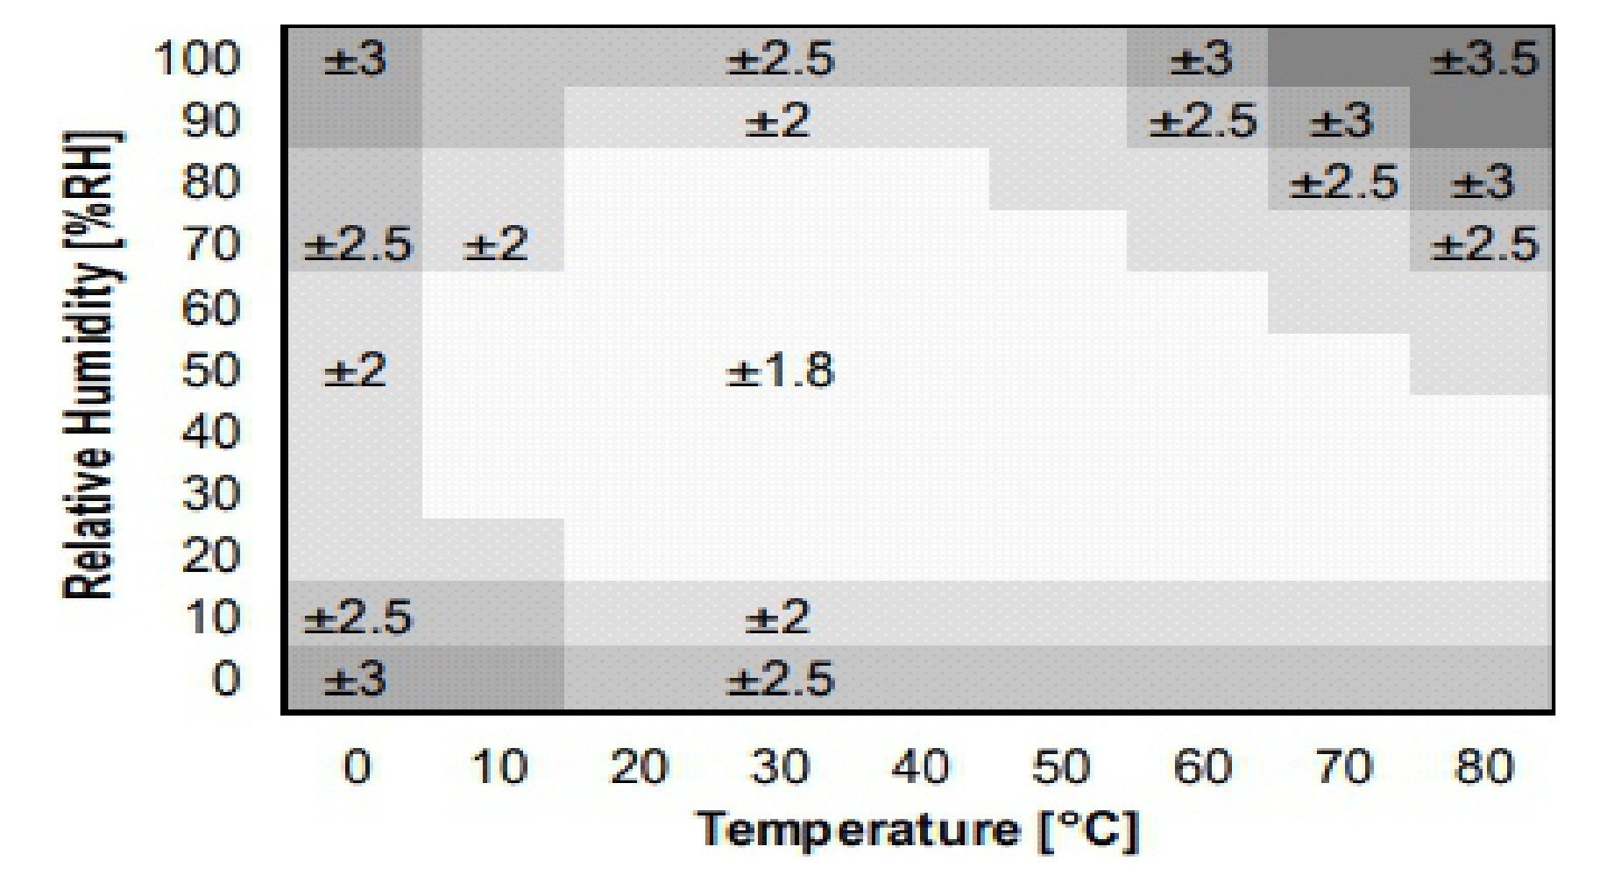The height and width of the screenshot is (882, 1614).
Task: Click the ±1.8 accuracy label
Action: click(780, 370)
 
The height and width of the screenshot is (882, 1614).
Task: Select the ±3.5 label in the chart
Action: click(1483, 60)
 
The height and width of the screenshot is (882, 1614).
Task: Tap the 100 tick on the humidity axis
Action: click(198, 60)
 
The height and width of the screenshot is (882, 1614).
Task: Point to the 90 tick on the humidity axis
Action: click(211, 121)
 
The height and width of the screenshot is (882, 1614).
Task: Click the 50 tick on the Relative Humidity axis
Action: click(211, 370)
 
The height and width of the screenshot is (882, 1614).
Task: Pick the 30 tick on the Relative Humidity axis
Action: click(211, 495)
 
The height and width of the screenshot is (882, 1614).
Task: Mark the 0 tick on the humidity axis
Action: click(225, 680)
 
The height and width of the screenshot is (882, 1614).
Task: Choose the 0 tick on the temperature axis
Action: click(356, 767)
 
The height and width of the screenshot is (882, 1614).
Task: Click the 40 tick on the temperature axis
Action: click(920, 767)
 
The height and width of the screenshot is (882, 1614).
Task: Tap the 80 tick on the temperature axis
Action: click(1483, 767)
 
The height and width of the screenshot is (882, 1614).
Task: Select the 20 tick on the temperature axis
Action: click(638, 767)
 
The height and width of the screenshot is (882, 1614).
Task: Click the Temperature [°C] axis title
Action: click(918, 829)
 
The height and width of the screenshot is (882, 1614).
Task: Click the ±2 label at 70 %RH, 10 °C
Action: click(495, 243)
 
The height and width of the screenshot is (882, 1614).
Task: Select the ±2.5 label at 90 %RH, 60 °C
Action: click(1202, 121)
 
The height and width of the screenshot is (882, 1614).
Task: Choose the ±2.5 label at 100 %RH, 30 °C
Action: click(780, 60)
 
